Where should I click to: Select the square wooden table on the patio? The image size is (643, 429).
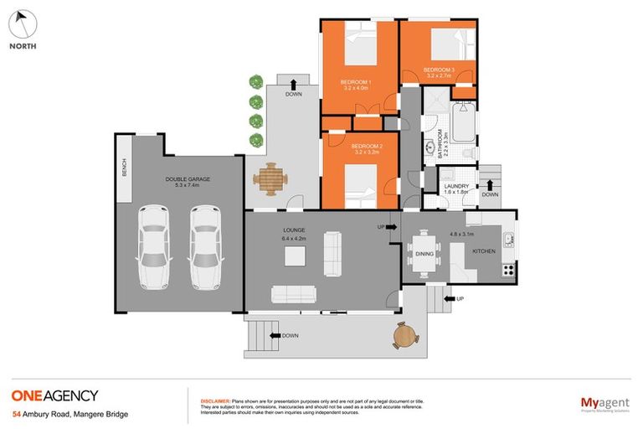[x=271, y=178]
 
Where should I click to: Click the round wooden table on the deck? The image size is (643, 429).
[x=404, y=335]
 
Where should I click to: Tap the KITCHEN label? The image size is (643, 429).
[x=485, y=251]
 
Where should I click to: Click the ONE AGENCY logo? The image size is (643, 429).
[x=54, y=395]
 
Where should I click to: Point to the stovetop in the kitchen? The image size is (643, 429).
[x=507, y=270]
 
